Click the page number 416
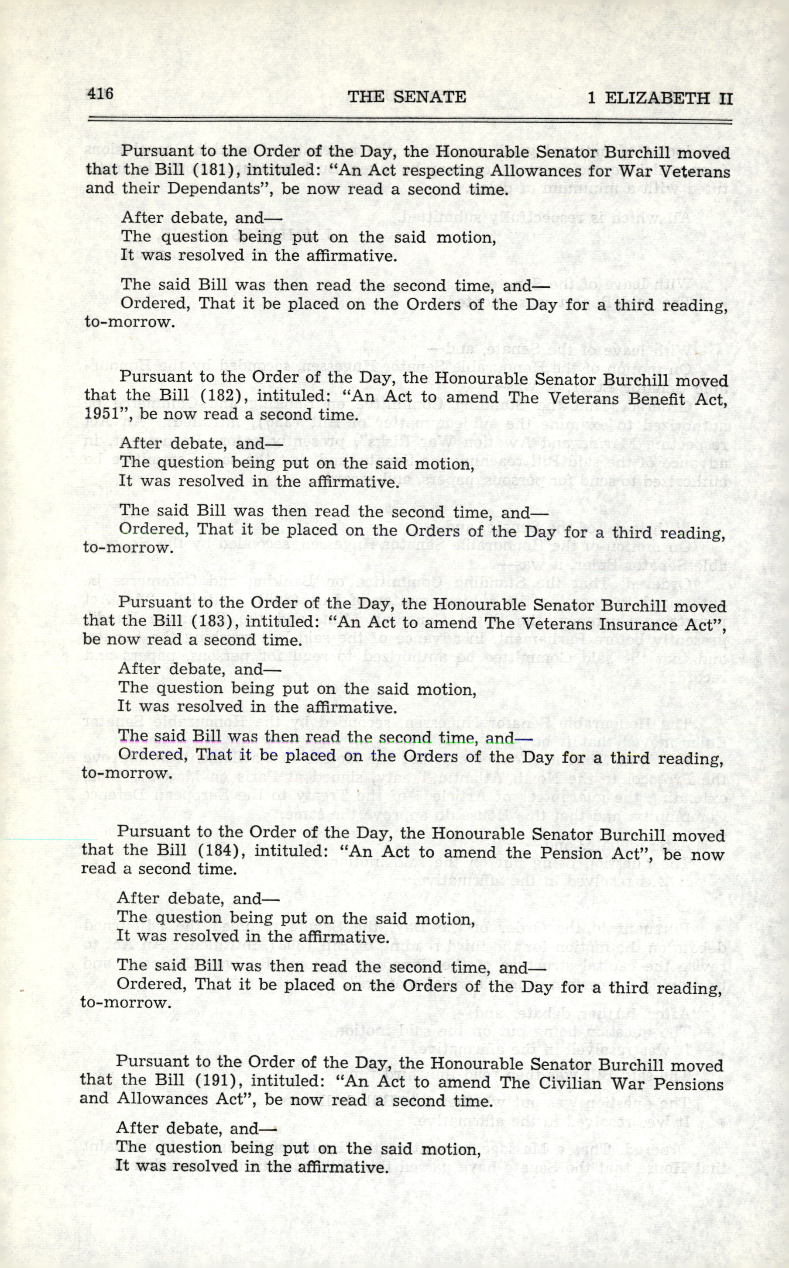point(100,93)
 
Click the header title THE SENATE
point(407,96)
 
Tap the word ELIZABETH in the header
point(657,98)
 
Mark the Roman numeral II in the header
point(725,99)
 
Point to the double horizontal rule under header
point(410,121)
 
